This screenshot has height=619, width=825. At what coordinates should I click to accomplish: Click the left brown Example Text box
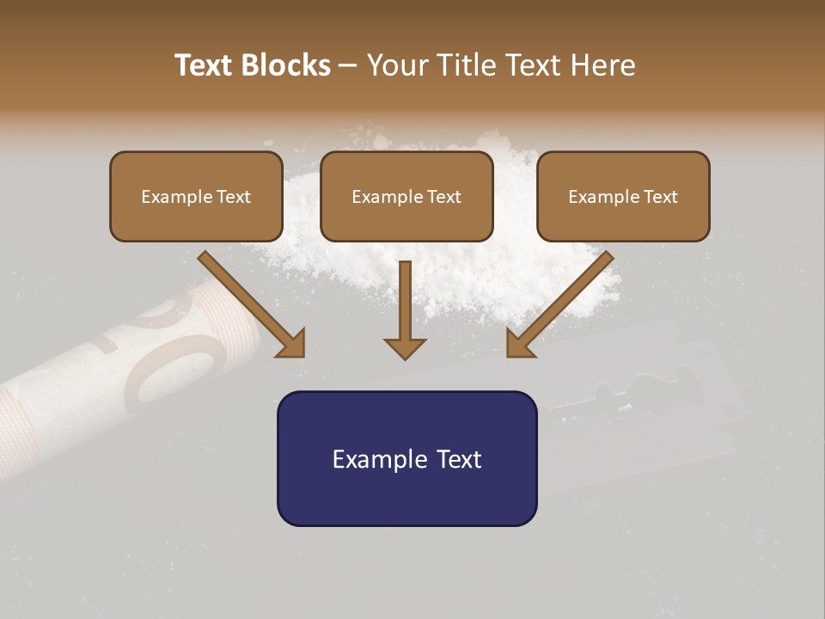point(196,196)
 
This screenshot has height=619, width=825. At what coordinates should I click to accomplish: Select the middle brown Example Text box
point(406,196)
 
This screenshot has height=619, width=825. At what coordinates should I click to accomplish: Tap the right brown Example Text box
point(623,196)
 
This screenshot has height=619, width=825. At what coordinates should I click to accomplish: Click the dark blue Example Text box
point(406,458)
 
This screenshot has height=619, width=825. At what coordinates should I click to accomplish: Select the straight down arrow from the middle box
point(405,309)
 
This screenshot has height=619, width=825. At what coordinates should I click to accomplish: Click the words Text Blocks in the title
point(253,65)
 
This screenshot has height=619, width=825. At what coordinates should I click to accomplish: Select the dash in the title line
point(348,65)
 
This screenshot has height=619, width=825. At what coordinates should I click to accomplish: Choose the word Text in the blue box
point(459,459)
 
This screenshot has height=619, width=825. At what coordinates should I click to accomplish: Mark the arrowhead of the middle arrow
point(405,348)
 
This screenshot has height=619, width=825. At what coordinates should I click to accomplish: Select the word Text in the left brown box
point(234,197)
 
